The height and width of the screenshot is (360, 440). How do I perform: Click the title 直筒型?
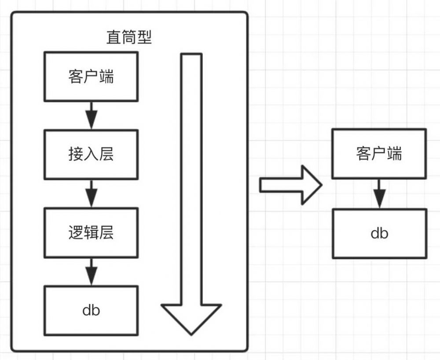click(129, 37)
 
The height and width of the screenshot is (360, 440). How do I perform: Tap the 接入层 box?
click(91, 155)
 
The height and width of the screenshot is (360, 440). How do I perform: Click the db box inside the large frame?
click(91, 310)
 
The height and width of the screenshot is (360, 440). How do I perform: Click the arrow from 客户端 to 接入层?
click(91, 116)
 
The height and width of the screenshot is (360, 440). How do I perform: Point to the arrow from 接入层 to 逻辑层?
click(91, 193)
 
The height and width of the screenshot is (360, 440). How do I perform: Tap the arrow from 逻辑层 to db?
click(91, 271)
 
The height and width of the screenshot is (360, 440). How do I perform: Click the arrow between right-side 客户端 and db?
click(379, 193)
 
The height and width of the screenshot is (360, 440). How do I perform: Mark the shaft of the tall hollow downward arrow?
click(191, 176)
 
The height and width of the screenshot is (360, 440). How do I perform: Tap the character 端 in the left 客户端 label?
click(106, 76)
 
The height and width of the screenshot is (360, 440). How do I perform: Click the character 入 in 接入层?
click(91, 154)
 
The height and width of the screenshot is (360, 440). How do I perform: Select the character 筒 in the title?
click(129, 37)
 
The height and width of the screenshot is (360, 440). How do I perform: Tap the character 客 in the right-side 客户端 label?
click(363, 154)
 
